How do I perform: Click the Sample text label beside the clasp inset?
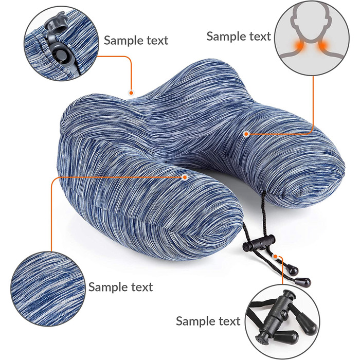click(x=136, y=41)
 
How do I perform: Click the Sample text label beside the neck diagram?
click(x=239, y=37)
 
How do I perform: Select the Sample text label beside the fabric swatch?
click(x=121, y=287)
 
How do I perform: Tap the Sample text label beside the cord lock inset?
click(x=208, y=321)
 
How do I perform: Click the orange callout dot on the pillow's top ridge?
click(x=131, y=93)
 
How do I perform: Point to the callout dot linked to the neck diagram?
click(x=246, y=134)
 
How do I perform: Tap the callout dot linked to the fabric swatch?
click(x=185, y=177)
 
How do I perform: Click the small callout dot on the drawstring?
click(x=275, y=256)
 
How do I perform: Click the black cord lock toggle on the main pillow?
click(x=258, y=243)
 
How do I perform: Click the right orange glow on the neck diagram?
click(x=322, y=46)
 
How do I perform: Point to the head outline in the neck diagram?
click(x=311, y=23)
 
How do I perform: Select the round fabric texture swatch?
click(x=48, y=289)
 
